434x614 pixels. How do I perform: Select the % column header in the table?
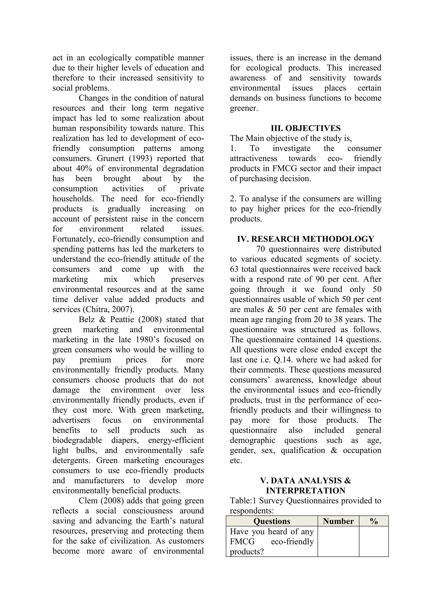coord(374,521)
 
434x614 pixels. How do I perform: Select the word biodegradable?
coord(77,440)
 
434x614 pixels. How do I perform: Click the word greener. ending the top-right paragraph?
coord(244,108)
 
